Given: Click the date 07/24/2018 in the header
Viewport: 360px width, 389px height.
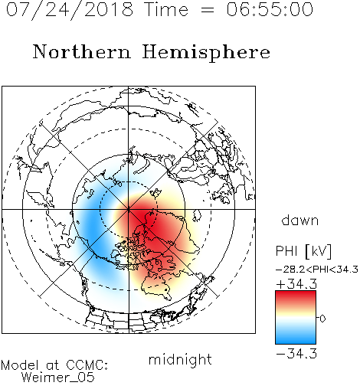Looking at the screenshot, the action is pos(70,10).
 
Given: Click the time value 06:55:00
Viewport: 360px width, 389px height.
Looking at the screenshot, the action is pos(270,9).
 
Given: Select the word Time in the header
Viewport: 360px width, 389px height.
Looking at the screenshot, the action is pos(166,9).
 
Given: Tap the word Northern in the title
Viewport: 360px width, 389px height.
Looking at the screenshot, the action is pos(82,52).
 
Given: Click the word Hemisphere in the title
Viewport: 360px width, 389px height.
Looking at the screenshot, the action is pos(206,53).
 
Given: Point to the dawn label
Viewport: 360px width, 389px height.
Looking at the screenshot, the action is pos(300,220).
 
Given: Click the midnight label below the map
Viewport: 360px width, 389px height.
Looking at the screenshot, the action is pos(180,360).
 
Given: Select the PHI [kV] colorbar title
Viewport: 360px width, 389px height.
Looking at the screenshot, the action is pos(303,251).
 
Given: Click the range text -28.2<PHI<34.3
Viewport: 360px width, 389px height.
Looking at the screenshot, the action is pos(317,270).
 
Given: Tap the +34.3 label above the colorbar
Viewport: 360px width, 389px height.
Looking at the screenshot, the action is pos(296,284).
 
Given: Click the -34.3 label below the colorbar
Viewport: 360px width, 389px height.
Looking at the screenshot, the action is pos(296,354).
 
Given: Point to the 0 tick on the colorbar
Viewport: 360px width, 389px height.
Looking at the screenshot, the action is pos(322,319).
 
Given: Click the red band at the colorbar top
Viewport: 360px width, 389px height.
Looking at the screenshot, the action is pos(296,297).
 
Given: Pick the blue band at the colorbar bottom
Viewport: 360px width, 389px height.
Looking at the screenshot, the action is pos(296,338).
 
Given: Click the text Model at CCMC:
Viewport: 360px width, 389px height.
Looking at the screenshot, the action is pos(54,365).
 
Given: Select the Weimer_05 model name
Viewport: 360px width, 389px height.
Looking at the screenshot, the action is pos(58,378).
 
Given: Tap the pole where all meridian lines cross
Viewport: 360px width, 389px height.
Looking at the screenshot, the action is pos(129,209).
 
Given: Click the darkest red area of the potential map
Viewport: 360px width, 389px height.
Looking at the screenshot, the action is pos(143,214).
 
